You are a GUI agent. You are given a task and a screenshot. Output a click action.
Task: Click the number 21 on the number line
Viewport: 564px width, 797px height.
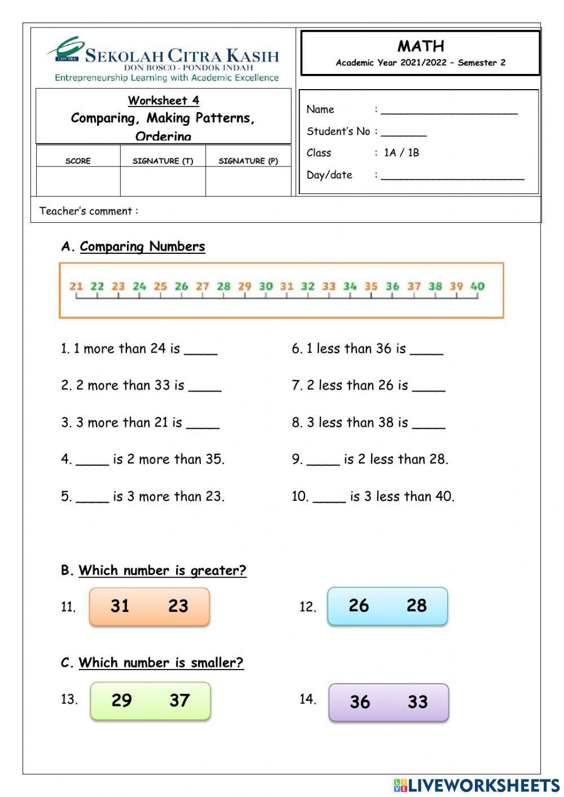pyautogui.click(x=76, y=286)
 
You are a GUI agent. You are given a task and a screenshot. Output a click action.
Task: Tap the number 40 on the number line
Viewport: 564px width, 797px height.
pyautogui.click(x=477, y=286)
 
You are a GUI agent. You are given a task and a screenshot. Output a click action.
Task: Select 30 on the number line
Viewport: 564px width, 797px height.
pyautogui.click(x=266, y=286)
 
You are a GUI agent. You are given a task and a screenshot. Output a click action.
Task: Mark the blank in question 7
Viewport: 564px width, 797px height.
pyautogui.click(x=429, y=388)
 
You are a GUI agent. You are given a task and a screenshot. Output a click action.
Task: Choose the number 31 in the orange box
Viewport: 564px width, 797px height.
pyautogui.click(x=120, y=606)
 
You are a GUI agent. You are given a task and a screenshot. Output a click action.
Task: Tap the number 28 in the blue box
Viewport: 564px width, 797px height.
pyautogui.click(x=417, y=605)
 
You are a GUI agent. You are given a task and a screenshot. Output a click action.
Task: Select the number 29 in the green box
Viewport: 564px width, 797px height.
pyautogui.click(x=121, y=700)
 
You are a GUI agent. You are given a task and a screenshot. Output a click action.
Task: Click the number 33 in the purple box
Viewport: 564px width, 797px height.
pyautogui.click(x=418, y=702)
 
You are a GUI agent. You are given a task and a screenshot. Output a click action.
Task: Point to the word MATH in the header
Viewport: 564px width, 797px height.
pyautogui.click(x=421, y=46)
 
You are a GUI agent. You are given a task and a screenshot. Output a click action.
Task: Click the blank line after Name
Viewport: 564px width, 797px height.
pyautogui.click(x=449, y=112)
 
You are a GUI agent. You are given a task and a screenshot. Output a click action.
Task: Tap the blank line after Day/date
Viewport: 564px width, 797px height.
pyautogui.click(x=452, y=177)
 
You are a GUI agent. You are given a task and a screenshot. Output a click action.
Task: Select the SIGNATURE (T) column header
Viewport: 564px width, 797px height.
pyautogui.click(x=162, y=161)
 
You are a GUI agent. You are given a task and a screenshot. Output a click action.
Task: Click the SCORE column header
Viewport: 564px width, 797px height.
pyautogui.click(x=78, y=161)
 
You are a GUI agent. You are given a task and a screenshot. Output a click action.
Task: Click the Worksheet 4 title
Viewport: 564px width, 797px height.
pyautogui.click(x=163, y=100)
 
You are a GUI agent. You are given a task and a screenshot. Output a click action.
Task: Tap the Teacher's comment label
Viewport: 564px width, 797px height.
pyautogui.click(x=89, y=211)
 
